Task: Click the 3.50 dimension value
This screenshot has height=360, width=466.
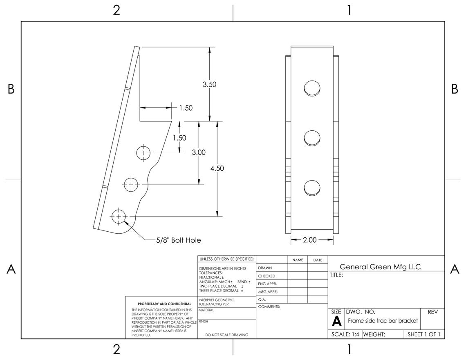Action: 209,85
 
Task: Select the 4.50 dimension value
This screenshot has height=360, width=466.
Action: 217,168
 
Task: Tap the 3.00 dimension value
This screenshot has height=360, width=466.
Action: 199,152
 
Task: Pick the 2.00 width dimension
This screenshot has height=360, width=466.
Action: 309,240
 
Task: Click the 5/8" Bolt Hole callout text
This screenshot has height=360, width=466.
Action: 179,240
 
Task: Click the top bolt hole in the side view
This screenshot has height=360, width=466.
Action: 143,153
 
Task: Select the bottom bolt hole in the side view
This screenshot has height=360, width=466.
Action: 119,216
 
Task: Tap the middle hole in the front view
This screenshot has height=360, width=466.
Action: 312,138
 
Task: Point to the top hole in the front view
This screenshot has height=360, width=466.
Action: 312,88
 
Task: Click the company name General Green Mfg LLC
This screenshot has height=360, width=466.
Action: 380,267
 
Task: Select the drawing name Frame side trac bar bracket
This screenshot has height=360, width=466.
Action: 383,321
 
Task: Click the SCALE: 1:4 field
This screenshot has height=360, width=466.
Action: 345,334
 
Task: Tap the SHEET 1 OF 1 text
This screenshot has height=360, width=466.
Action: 424,334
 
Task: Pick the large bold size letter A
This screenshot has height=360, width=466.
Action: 336,321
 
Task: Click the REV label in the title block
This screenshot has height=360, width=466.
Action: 432,312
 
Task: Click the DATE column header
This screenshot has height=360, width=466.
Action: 318,260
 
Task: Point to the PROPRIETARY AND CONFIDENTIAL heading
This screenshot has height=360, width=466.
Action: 164,304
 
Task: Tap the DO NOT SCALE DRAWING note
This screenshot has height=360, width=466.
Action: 226,335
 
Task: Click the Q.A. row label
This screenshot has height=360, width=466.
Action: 262,300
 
